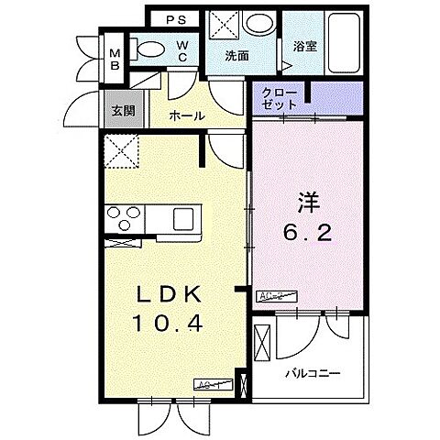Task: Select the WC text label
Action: pyautogui.click(x=181, y=49)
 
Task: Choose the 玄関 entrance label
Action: pyautogui.click(x=123, y=110)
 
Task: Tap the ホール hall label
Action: pyautogui.click(x=186, y=116)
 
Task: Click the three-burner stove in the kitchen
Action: pyautogui.click(x=123, y=220)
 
